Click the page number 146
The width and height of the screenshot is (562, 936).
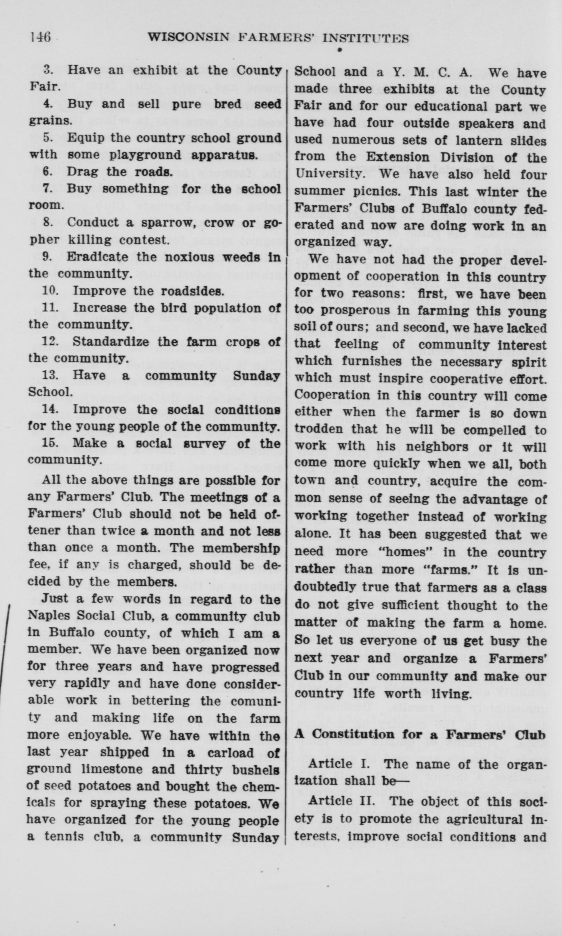[x=40, y=37]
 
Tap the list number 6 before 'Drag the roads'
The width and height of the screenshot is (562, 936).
[x=47, y=171]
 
